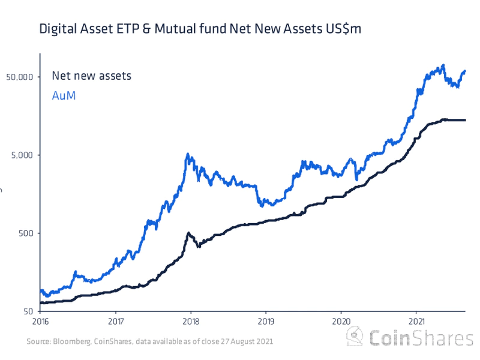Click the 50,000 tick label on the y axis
(x=22, y=77)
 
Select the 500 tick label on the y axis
(x=26, y=233)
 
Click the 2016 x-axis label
(x=40, y=321)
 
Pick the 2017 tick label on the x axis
(x=116, y=321)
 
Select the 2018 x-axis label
(x=191, y=321)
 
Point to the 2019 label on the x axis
(x=266, y=321)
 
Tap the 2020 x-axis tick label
(x=341, y=321)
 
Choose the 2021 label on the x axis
(x=416, y=321)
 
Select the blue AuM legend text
(x=64, y=95)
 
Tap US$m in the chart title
(x=344, y=29)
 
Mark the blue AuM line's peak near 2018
(x=188, y=155)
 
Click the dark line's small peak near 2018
(x=188, y=233)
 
